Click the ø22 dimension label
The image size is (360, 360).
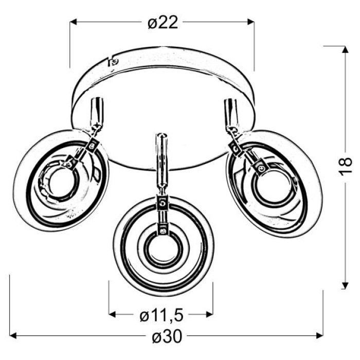(163, 23)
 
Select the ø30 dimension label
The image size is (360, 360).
(167, 336)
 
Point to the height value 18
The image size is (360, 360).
(345, 167)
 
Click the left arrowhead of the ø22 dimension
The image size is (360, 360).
(73, 22)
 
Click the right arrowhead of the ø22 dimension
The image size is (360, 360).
(251, 22)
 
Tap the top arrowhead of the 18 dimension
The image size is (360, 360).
(345, 49)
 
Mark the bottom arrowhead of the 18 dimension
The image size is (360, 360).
(345, 285)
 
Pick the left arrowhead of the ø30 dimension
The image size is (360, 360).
(13, 336)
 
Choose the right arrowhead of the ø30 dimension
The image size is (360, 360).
(319, 336)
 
